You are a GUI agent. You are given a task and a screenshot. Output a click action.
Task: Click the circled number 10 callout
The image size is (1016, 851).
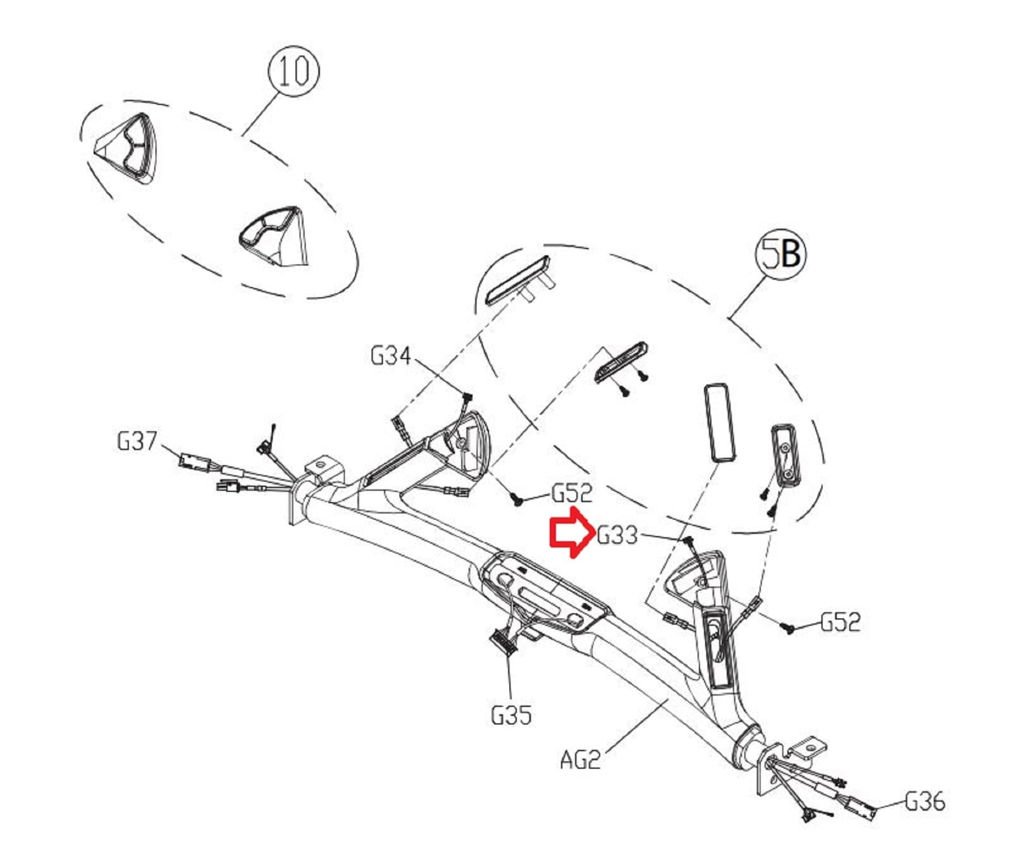(x=293, y=71)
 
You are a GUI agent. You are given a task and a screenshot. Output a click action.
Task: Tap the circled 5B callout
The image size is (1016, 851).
(x=781, y=254)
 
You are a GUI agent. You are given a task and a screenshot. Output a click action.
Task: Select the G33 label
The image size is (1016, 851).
(x=618, y=535)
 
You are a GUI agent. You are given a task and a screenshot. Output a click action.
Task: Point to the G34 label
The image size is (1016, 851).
(x=391, y=356)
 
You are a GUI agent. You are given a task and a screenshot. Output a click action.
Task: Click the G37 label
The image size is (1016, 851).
(x=137, y=441)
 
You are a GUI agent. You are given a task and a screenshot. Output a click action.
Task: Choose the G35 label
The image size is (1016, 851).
(x=511, y=715)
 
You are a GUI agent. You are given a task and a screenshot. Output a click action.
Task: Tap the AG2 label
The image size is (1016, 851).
(x=580, y=759)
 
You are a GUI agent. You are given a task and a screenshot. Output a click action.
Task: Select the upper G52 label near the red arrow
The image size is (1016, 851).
(x=572, y=493)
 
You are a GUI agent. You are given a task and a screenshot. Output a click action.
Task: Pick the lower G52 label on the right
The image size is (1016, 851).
(x=841, y=622)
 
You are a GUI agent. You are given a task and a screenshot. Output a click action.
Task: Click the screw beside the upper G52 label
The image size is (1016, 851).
(x=517, y=500)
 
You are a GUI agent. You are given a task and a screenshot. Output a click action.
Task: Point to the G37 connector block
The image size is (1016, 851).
(x=193, y=460)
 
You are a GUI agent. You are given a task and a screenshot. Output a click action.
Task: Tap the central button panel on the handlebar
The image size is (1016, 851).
(x=545, y=595)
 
